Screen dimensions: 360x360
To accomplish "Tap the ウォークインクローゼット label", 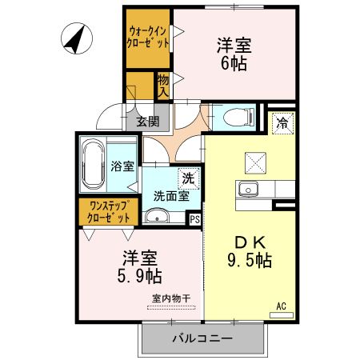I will [x=148, y=38].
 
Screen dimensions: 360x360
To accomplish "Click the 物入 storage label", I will [x=162, y=86].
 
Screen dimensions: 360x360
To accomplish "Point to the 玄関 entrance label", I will [x=146, y=122].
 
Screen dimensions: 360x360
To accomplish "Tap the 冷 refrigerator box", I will [x=282, y=122].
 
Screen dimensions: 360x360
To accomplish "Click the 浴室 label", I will [x=122, y=170].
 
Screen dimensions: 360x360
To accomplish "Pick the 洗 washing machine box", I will [x=187, y=178].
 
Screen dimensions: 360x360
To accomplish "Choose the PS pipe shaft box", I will [x=194, y=218].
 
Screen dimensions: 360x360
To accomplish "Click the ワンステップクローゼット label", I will [x=109, y=211].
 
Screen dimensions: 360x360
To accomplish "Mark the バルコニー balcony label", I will [x=202, y=339].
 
